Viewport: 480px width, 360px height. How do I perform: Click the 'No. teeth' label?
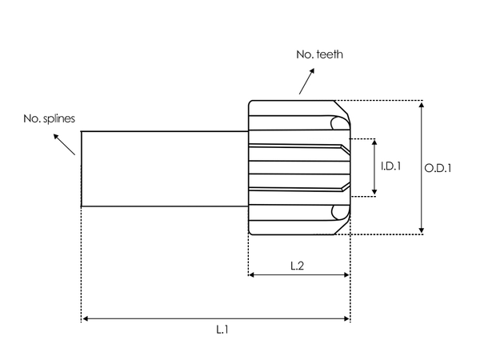click(320, 54)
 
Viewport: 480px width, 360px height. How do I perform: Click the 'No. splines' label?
click(49, 118)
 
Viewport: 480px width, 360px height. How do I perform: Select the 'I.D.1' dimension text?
click(390, 166)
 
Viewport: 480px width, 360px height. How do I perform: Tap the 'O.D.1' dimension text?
click(438, 168)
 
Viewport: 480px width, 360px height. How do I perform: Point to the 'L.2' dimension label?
click(296, 266)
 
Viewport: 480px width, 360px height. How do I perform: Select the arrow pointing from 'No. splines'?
click(64, 143)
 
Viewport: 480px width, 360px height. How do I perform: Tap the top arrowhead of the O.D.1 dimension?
click(422, 105)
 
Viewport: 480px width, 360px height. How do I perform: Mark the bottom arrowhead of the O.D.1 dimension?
click(422, 230)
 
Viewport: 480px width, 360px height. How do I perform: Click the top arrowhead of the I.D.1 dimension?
click(374, 142)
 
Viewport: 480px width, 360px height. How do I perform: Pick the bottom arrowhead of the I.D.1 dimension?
click(374, 191)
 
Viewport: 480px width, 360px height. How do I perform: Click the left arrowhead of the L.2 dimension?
click(252, 274)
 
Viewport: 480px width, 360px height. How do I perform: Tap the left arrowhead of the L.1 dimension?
click(85, 318)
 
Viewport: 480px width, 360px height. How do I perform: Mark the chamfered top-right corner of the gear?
click(343, 107)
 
